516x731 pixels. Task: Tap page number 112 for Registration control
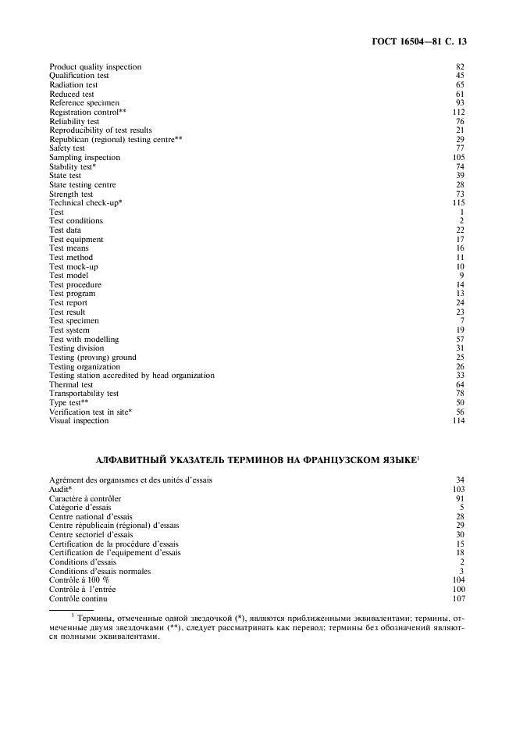[458, 112]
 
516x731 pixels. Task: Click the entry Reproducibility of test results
[101, 130]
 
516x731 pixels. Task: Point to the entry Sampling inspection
[84, 158]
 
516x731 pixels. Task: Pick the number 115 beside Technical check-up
[458, 203]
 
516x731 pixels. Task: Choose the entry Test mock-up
[70, 266]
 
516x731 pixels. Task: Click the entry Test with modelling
[84, 340]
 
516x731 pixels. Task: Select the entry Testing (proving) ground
[92, 358]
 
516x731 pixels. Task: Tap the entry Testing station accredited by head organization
[131, 376]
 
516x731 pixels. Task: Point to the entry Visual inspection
[79, 421]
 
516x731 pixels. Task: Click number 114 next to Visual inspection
[458, 421]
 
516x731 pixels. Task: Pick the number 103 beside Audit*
[458, 489]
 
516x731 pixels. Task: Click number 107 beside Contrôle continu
[458, 599]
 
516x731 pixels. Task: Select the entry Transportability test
[84, 394]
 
